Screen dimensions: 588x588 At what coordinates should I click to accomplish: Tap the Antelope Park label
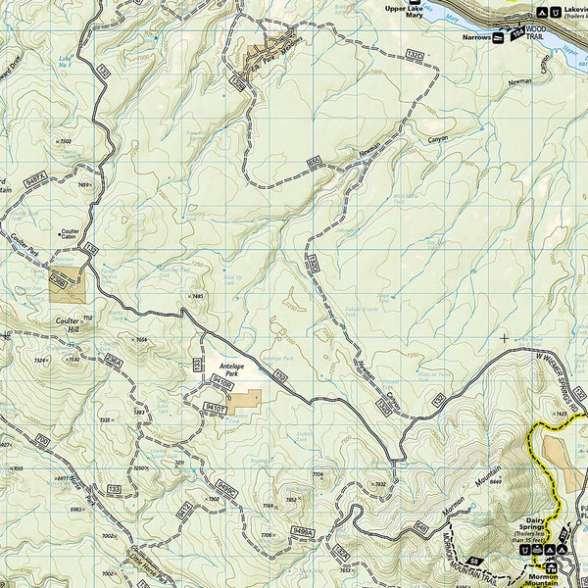click(x=231, y=368)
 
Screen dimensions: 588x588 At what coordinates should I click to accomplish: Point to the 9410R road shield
click(x=221, y=386)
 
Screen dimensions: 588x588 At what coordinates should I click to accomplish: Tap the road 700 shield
click(x=41, y=440)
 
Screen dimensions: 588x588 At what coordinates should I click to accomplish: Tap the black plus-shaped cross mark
click(x=505, y=338)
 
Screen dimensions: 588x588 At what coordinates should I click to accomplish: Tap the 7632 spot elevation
click(x=379, y=484)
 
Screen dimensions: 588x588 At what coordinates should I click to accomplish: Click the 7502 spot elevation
click(x=65, y=142)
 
